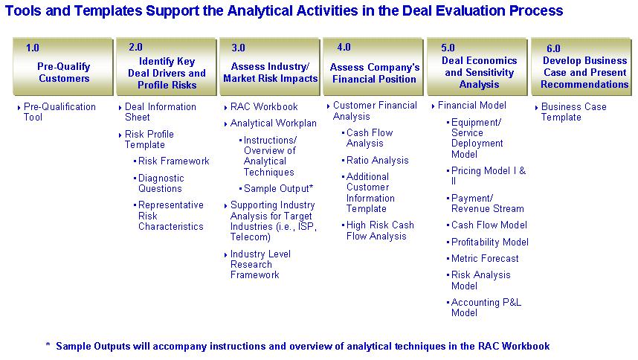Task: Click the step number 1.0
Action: (x=33, y=48)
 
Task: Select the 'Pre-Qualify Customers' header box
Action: (x=63, y=67)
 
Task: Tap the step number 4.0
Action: (x=344, y=47)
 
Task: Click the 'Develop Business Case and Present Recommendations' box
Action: (x=581, y=67)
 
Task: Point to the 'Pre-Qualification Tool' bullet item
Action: (x=59, y=112)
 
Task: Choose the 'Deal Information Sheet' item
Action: (x=161, y=112)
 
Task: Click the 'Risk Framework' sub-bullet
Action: (x=174, y=161)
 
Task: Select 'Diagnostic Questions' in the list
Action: (x=161, y=183)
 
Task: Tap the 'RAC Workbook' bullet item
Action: (x=264, y=106)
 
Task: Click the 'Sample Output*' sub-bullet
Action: (x=278, y=189)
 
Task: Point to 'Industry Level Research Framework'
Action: (x=260, y=264)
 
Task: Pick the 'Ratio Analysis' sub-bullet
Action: (x=377, y=160)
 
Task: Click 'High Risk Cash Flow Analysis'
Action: (x=380, y=231)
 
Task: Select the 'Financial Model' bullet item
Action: (x=472, y=106)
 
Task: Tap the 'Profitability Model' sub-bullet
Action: (x=490, y=242)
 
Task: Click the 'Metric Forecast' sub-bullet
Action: (x=485, y=258)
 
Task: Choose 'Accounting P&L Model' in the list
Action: (x=486, y=307)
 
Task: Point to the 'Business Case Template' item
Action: (x=574, y=112)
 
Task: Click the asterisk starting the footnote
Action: (x=48, y=345)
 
